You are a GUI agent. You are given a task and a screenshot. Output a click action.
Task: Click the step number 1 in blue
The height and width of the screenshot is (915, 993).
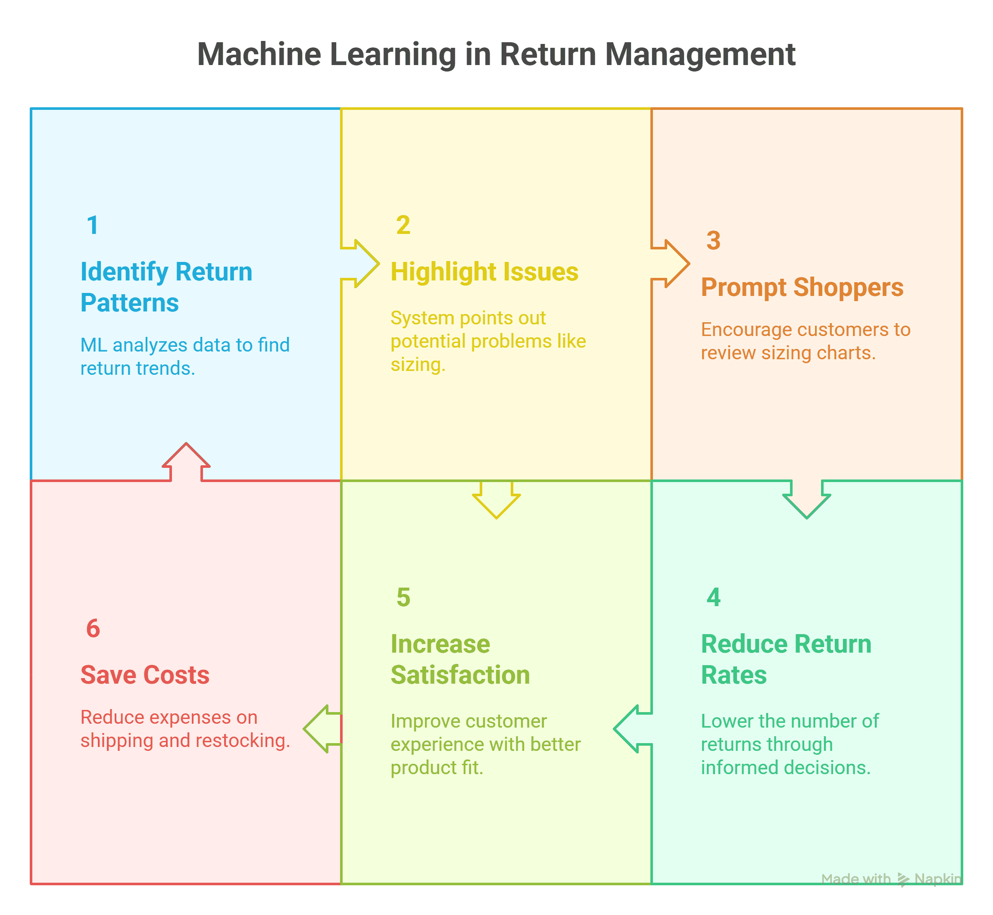pos(93,225)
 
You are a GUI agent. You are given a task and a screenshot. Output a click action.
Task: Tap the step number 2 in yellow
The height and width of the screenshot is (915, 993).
pos(403,225)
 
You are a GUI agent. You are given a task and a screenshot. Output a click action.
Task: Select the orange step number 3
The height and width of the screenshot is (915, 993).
pos(713,241)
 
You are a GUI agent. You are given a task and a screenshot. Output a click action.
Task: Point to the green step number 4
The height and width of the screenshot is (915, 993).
pos(713,597)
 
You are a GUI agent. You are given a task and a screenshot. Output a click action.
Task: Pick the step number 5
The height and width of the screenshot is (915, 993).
pos(403,597)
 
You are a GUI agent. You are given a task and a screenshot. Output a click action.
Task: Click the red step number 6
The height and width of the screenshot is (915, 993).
pos(93,629)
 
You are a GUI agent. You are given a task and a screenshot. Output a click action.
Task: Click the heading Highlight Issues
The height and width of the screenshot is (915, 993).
pos(484,272)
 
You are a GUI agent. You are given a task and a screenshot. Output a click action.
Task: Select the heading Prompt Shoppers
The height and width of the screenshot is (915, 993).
pos(802,287)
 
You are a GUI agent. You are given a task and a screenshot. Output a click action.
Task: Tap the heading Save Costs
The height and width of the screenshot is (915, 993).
pos(145,675)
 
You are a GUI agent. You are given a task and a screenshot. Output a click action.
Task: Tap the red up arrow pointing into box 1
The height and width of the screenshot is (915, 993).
pos(186,461)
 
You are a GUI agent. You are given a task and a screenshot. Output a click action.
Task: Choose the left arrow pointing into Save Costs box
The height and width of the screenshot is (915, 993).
pos(322,729)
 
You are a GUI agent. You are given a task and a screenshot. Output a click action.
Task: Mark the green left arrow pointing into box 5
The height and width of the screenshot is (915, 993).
pos(632,729)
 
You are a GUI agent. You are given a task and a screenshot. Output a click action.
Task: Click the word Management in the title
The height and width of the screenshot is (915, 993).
pos(700,54)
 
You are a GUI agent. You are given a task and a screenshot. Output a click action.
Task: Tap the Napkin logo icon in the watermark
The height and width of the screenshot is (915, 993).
pos(903,879)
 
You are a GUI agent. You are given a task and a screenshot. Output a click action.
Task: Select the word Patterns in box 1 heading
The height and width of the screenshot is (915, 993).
pos(129,303)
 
